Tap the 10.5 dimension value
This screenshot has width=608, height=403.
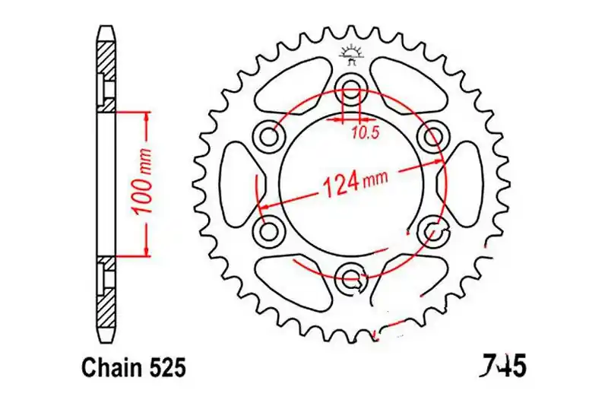365,133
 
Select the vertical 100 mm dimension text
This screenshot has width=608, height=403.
142,182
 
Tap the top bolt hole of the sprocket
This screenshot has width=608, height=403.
352,87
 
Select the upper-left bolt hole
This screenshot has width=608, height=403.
268,136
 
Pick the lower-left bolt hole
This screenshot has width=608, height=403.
268,232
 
